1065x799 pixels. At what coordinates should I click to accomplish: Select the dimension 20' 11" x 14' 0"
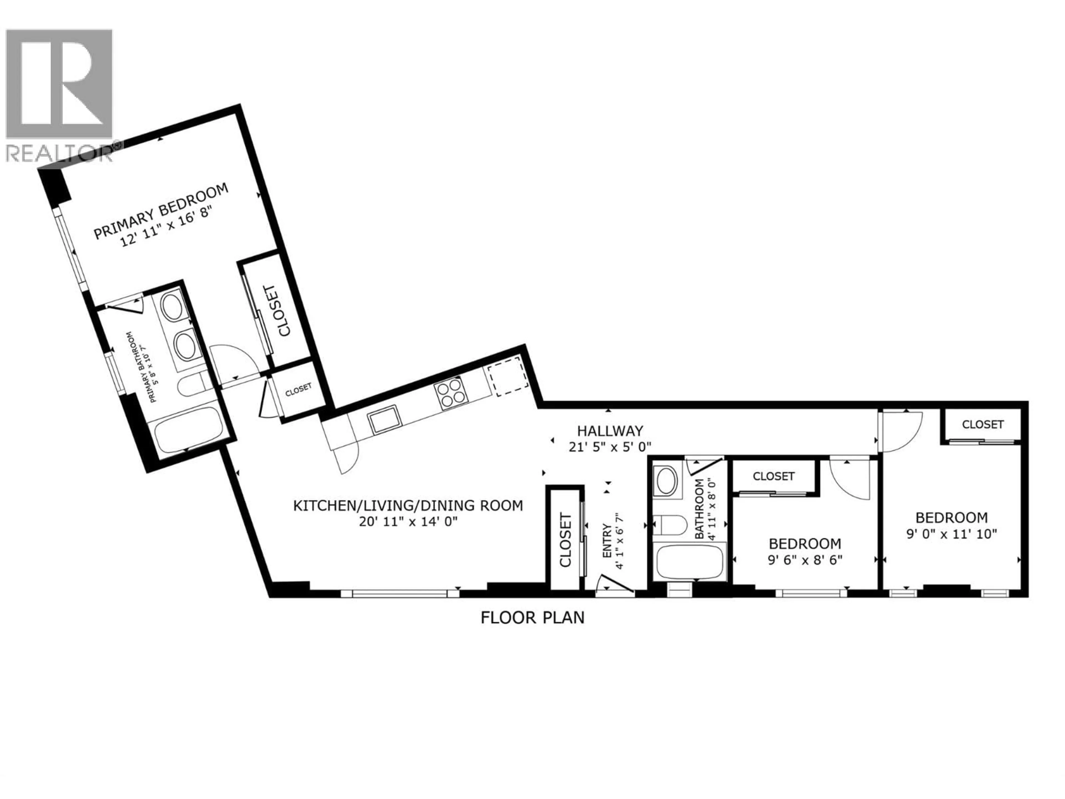[x=408, y=522]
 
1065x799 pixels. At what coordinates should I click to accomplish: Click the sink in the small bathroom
[x=667, y=480]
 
